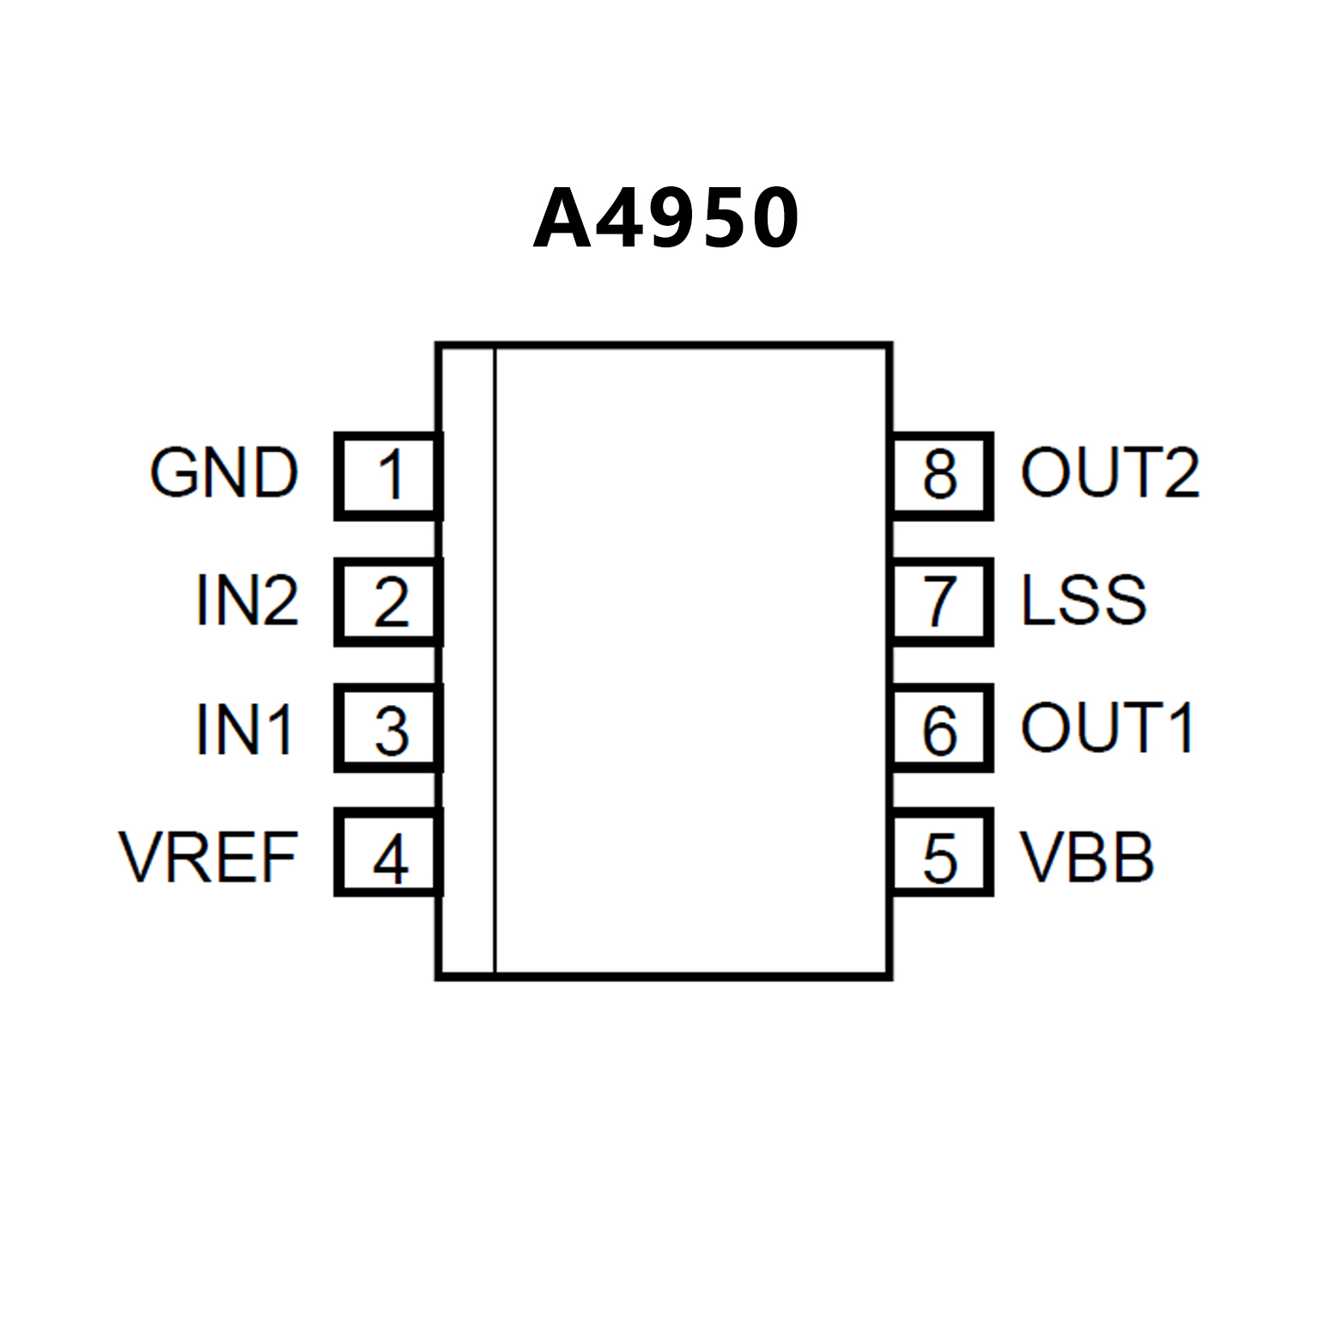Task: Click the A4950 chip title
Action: pyautogui.click(x=665, y=219)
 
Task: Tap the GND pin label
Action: pyautogui.click(x=224, y=473)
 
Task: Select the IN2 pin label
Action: pyautogui.click(x=247, y=600)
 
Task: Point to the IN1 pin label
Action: pyautogui.click(x=246, y=730)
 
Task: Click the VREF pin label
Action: pyautogui.click(x=209, y=857)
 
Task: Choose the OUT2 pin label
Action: pyautogui.click(x=1109, y=473)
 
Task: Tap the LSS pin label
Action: pyautogui.click(x=1084, y=599)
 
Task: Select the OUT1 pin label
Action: pyautogui.click(x=1108, y=728)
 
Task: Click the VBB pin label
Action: pyautogui.click(x=1086, y=857)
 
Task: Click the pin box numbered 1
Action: pyautogui.click(x=389, y=476)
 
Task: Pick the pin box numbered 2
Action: pyautogui.click(x=389, y=602)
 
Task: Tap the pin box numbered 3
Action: pyautogui.click(x=389, y=728)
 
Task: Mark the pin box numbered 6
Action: pyautogui.click(x=942, y=728)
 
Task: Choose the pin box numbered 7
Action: pyautogui.click(x=942, y=602)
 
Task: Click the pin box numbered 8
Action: pyautogui.click(x=942, y=476)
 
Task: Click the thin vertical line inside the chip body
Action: pyautogui.click(x=495, y=661)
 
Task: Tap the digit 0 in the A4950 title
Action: pyautogui.click(x=768, y=219)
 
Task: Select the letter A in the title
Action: pyautogui.click(x=562, y=219)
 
